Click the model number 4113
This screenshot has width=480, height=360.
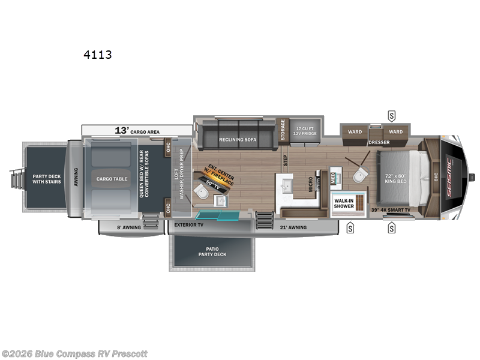97,55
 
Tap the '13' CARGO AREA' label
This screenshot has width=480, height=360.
137,130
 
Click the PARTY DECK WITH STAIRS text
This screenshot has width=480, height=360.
46,179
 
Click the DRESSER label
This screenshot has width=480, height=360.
379,142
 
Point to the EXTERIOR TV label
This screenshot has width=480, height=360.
189,226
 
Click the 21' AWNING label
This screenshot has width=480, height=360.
294,227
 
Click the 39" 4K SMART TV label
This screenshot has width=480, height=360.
391,210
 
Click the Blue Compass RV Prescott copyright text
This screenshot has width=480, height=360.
74,353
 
